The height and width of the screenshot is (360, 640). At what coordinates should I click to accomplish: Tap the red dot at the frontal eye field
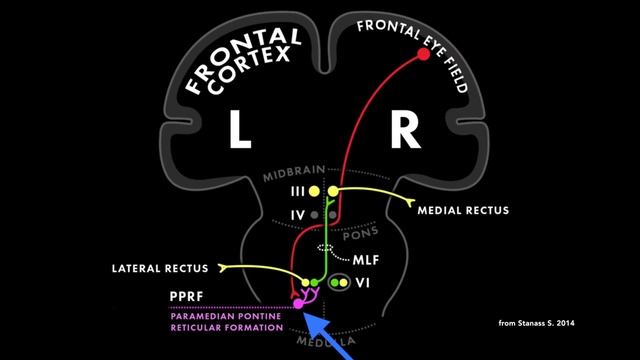click(x=423, y=54)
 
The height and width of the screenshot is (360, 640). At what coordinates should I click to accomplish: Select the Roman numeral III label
click(x=296, y=190)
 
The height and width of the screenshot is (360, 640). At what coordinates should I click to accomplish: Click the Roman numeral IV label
click(x=297, y=214)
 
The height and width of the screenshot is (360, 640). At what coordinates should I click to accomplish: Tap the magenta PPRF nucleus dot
click(x=297, y=304)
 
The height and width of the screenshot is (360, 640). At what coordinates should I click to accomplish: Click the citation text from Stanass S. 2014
click(x=536, y=323)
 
